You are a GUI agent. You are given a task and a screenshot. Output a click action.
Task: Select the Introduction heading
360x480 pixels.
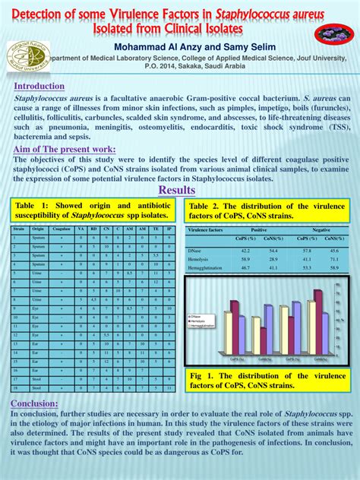[39, 86]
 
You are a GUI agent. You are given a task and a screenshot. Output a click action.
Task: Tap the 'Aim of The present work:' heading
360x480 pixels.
[65, 149]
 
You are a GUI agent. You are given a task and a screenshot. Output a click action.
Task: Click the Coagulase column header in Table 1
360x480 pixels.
[62, 228]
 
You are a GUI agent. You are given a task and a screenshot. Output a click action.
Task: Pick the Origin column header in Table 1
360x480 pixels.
[38, 228]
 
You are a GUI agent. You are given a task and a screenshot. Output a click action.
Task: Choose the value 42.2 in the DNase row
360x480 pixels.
[245, 250]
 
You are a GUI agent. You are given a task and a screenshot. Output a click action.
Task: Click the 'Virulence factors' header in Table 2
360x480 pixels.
[207, 229]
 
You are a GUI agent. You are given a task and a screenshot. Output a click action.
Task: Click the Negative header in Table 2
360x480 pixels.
[321, 229]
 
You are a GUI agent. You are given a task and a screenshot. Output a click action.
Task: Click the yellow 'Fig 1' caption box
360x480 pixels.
[267, 381]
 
